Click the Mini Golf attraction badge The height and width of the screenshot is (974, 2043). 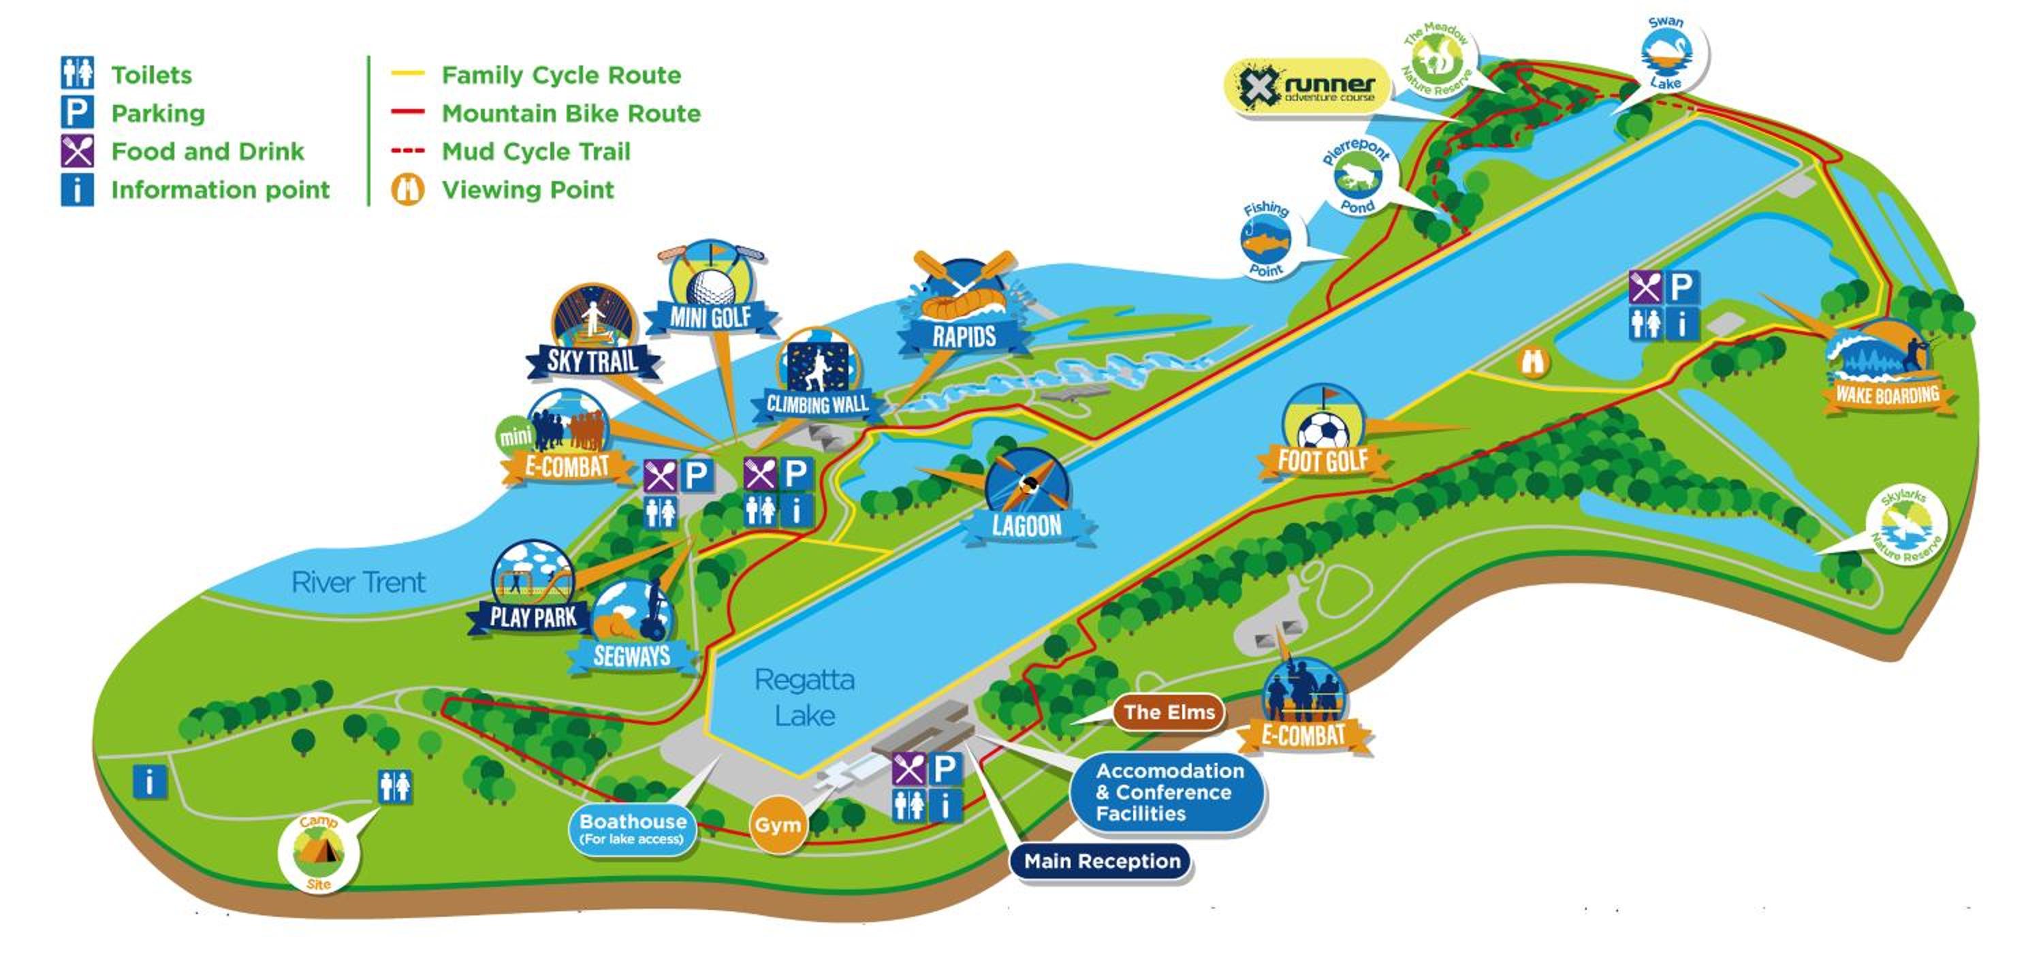pos(710,289)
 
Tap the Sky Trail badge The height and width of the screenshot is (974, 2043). pos(593,333)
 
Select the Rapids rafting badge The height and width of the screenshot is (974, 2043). pos(964,305)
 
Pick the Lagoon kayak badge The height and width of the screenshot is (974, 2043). pos(1027,496)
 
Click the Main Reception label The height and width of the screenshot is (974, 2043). pos(1102,862)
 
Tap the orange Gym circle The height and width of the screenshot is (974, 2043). pos(777,825)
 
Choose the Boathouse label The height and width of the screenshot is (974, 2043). pos(632,828)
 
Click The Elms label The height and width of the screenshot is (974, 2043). pos(1169,712)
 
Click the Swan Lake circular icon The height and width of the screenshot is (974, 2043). pos(1666,54)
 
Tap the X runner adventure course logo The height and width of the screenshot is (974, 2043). pos(1309,87)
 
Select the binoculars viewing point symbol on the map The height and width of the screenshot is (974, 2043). pos(1533,363)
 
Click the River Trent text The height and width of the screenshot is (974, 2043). pos(358,583)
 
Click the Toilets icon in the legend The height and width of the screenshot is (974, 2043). pos(77,73)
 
